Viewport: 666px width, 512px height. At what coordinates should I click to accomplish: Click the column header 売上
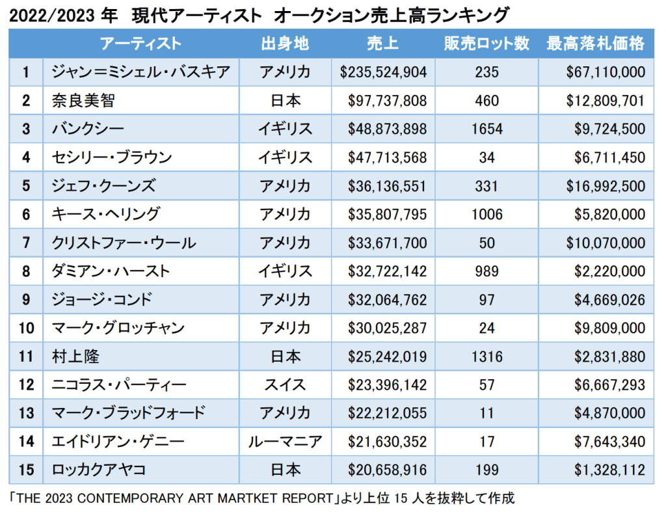click(382, 44)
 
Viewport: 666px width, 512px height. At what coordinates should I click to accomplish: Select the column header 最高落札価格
click(596, 44)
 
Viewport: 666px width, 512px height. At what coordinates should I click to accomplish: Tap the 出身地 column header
click(285, 44)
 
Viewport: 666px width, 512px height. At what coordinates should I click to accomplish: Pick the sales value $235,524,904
click(383, 72)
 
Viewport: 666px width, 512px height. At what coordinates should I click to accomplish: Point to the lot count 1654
click(486, 129)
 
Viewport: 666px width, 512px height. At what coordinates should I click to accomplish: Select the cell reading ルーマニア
click(285, 442)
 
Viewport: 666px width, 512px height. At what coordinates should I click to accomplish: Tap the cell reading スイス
click(285, 384)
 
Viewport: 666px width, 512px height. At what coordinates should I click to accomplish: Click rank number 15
click(26, 470)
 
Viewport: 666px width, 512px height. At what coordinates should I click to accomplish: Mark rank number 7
click(26, 243)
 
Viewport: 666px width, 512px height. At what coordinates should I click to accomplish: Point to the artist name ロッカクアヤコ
click(99, 470)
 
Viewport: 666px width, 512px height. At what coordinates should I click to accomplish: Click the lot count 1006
click(486, 214)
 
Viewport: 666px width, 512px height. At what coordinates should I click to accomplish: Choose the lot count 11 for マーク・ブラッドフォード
click(486, 413)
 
